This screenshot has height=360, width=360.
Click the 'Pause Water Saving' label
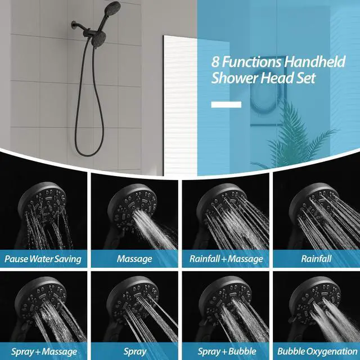pos(43,259)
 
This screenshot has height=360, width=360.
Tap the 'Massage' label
pos(134,259)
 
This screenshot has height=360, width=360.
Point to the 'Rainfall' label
pos(316,259)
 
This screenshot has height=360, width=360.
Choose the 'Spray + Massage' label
pos(43,352)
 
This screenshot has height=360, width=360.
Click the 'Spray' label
pos(134,352)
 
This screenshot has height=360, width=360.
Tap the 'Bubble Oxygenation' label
pos(316,352)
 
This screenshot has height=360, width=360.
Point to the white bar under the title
pos(226,104)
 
